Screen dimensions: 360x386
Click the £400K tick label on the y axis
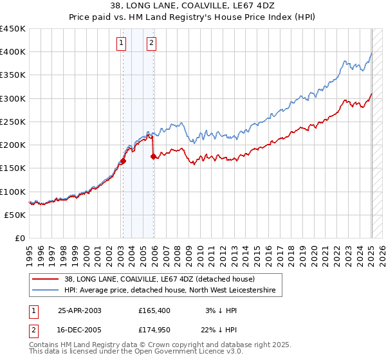tap(12, 52)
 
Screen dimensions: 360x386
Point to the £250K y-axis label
tap(12, 122)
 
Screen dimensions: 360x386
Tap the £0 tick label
tap(20, 238)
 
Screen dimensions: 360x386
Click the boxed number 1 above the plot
tap(122, 43)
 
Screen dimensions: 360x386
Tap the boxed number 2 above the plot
tap(151, 43)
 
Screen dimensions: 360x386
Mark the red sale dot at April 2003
tap(123, 161)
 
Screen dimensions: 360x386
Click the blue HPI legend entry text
tap(170, 291)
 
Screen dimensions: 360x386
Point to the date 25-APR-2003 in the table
tap(80, 310)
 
